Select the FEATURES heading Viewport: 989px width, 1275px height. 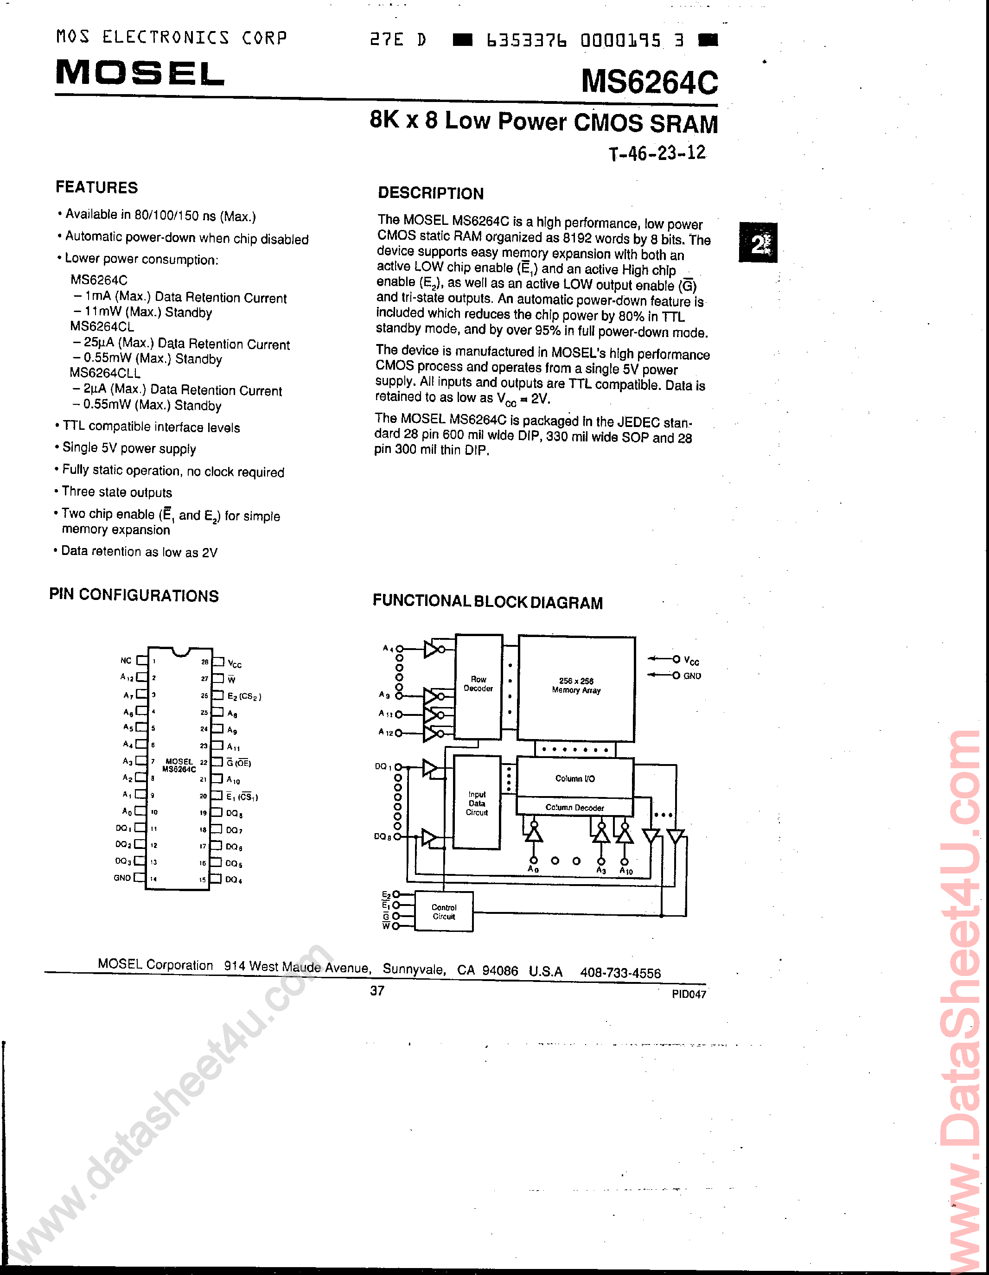click(x=97, y=187)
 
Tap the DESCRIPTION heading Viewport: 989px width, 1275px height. click(x=431, y=193)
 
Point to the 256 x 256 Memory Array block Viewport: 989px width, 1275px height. click(x=576, y=687)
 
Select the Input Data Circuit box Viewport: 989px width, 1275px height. click(x=477, y=803)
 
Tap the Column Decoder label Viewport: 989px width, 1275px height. click(x=574, y=807)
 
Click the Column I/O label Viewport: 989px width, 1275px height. click(x=574, y=778)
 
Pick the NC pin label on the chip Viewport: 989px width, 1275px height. click(x=126, y=660)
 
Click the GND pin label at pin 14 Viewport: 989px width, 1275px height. click(x=122, y=878)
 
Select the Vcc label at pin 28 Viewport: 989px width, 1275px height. click(x=235, y=664)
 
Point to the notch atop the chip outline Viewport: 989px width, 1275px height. click(x=180, y=651)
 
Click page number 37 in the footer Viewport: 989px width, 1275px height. click(x=377, y=991)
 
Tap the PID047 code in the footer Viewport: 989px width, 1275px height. click(x=689, y=994)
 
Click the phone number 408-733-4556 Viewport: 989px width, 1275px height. click(x=620, y=973)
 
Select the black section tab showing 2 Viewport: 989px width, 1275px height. click(x=758, y=243)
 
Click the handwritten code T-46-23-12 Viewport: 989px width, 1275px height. click(x=657, y=153)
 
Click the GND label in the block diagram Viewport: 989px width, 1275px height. click(x=692, y=676)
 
